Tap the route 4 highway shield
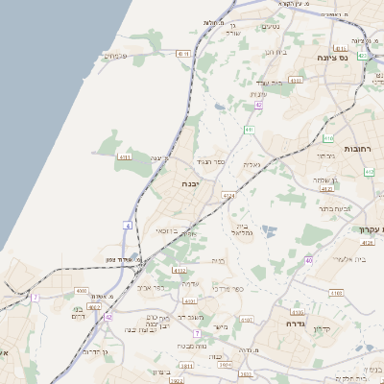click(127, 225)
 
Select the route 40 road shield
click(308, 260)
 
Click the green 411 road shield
click(249, 129)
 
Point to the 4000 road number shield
click(81, 291)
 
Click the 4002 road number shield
click(180, 272)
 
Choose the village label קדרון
click(348, 329)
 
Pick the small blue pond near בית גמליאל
click(266, 229)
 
